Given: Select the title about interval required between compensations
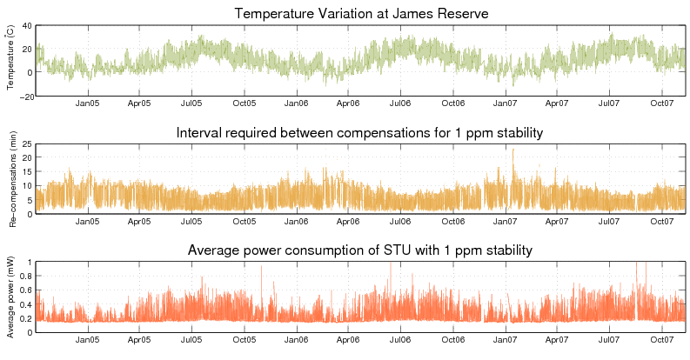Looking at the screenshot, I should click(360, 133).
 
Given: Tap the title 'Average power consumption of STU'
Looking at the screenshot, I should click(360, 251).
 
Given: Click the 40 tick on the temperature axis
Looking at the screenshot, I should click(28, 26).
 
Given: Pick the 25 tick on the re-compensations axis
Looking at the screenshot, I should click(28, 144).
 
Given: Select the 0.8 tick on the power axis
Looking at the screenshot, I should click(27, 277).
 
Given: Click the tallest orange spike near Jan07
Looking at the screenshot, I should click(513, 150).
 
